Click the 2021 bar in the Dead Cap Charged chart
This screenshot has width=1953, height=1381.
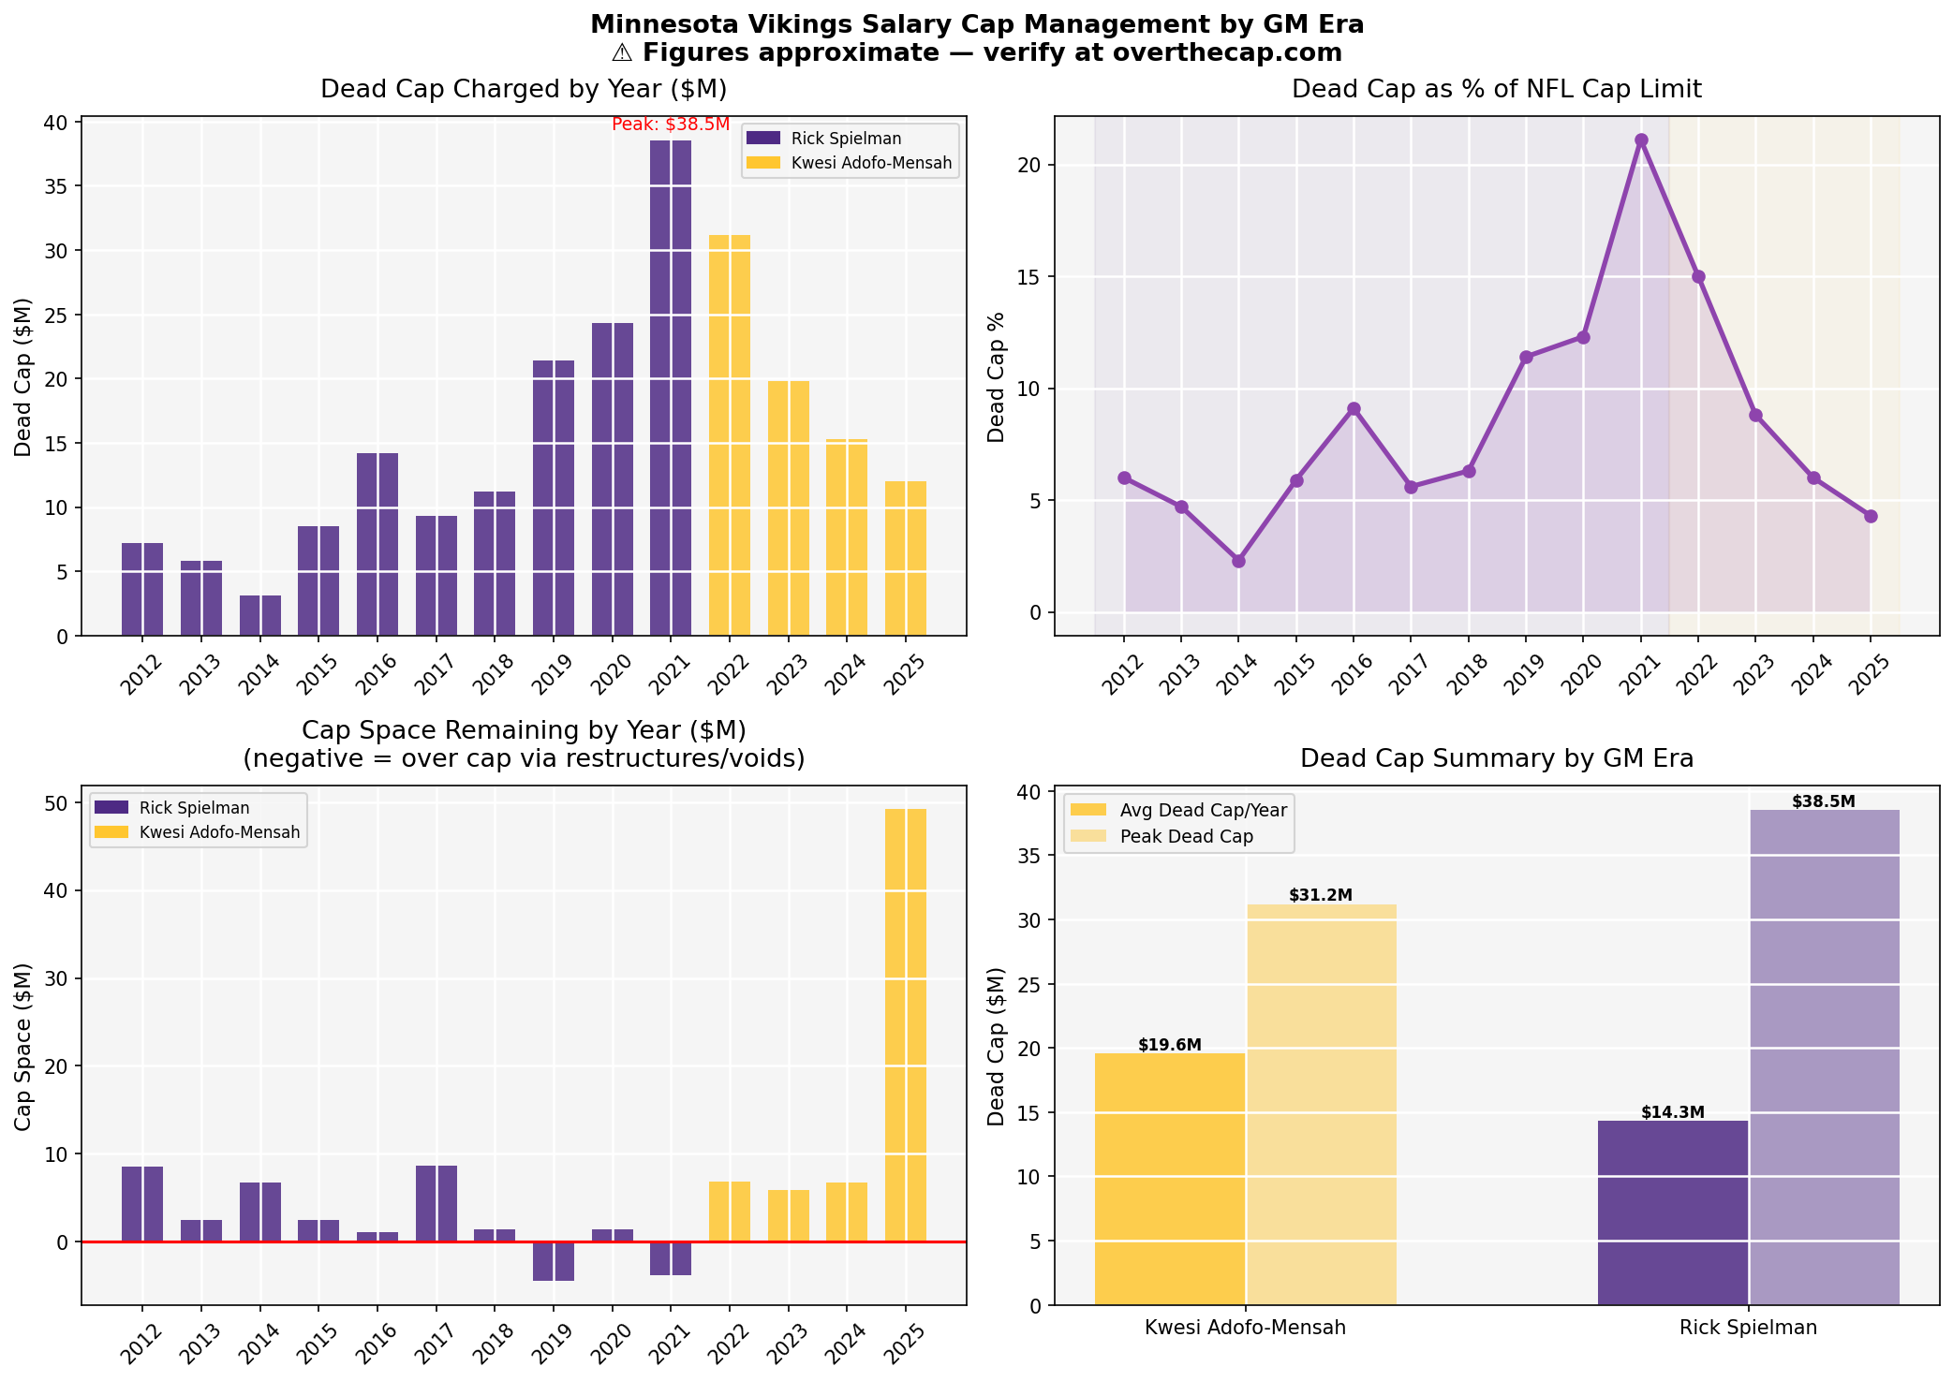pyautogui.click(x=670, y=388)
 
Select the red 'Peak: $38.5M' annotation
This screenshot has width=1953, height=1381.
pyautogui.click(x=670, y=125)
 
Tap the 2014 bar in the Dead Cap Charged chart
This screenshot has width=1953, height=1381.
pyautogui.click(x=259, y=615)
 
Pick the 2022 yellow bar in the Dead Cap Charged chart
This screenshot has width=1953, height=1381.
pyautogui.click(x=729, y=435)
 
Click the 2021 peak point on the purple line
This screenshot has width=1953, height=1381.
pyautogui.click(x=1640, y=140)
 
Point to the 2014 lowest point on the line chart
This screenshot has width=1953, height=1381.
pyautogui.click(x=1238, y=561)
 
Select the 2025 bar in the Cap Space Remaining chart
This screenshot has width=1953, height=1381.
pyautogui.click(x=905, y=1024)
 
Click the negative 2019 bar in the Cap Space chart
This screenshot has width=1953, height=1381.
pyautogui.click(x=553, y=1261)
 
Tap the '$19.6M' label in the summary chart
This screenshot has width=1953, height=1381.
pyautogui.click(x=1169, y=1045)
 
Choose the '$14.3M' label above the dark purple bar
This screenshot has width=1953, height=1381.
pyautogui.click(x=1672, y=1112)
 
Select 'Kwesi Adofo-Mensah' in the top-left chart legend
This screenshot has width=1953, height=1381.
pyautogui.click(x=870, y=163)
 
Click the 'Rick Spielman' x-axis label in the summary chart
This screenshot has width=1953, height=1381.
pyautogui.click(x=1747, y=1327)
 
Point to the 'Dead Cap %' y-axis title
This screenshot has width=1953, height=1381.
pyautogui.click(x=997, y=376)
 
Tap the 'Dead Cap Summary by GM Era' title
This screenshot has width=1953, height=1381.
pyautogui.click(x=1496, y=758)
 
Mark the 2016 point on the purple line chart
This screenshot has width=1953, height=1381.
pyautogui.click(x=1354, y=409)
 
